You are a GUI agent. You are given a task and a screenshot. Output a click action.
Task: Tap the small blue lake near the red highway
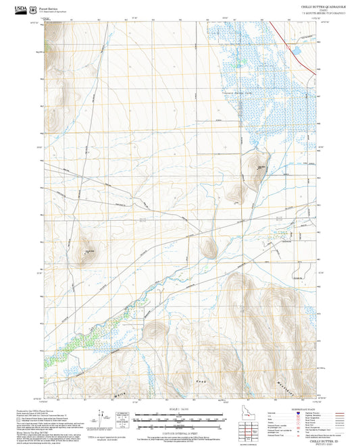[294, 51]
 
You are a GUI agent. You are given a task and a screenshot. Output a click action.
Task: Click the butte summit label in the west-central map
[87, 251]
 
